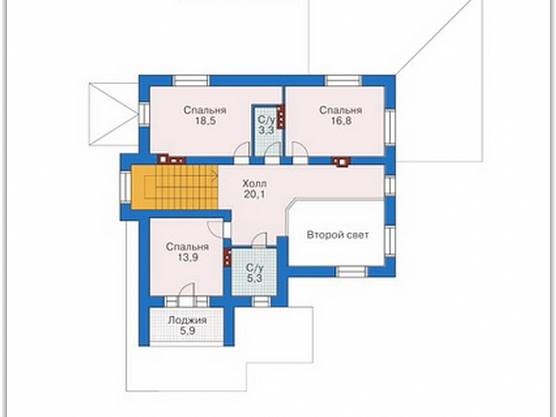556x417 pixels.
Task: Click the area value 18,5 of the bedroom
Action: [205, 122]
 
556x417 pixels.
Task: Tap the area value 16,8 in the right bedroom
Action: [341, 122]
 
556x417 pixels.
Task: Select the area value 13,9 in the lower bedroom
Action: [188, 258]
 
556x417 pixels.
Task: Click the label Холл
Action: [254, 184]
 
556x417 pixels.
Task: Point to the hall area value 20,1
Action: [254, 194]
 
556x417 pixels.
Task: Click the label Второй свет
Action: [338, 235]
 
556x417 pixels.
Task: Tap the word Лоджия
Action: [187, 321]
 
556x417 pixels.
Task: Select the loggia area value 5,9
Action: [187, 331]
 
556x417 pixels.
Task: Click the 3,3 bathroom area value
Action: [266, 131]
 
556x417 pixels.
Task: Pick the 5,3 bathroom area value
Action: [254, 278]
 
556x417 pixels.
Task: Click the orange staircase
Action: [175, 187]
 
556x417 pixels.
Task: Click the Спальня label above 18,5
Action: [205, 110]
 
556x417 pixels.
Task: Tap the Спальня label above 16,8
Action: [341, 110]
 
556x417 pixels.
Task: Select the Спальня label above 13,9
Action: [188, 246]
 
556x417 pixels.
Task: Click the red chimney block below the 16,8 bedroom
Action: [341, 161]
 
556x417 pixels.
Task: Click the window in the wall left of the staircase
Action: [125, 187]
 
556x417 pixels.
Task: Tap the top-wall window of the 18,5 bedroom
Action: [191, 81]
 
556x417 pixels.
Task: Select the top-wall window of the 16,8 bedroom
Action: [343, 81]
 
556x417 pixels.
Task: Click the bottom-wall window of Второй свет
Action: [351, 272]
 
